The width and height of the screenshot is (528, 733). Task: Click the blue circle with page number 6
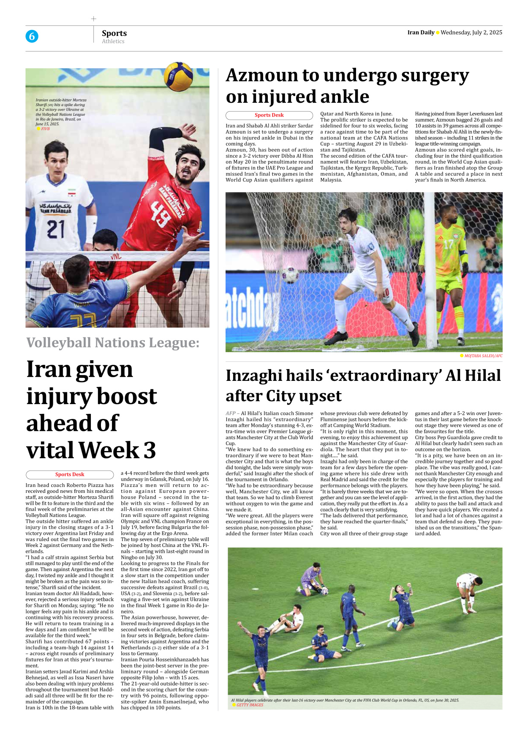click(x=32, y=36)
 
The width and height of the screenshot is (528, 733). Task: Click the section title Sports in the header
click(x=114, y=33)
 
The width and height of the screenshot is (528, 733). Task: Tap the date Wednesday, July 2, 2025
click(x=471, y=33)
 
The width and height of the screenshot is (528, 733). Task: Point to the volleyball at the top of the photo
click(x=178, y=75)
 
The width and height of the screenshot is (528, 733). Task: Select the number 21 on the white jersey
click(x=56, y=229)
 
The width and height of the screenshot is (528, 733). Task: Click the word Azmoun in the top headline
click(x=262, y=76)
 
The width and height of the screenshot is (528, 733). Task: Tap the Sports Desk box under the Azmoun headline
click(x=269, y=115)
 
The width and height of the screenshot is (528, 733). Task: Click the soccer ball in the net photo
click(x=290, y=274)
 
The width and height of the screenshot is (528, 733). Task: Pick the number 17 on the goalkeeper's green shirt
click(x=448, y=244)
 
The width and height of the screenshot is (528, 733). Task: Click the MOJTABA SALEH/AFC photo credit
click(x=483, y=356)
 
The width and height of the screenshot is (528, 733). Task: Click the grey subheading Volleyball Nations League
click(x=113, y=342)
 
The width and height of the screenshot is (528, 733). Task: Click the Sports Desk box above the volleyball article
click(x=70, y=474)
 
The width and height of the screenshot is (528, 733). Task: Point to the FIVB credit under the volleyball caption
click(x=45, y=129)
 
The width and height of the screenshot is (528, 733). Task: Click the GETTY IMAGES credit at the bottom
click(x=250, y=705)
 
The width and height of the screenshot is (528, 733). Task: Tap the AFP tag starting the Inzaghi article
click(x=231, y=413)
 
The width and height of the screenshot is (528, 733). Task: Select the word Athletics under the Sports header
click(x=113, y=41)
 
